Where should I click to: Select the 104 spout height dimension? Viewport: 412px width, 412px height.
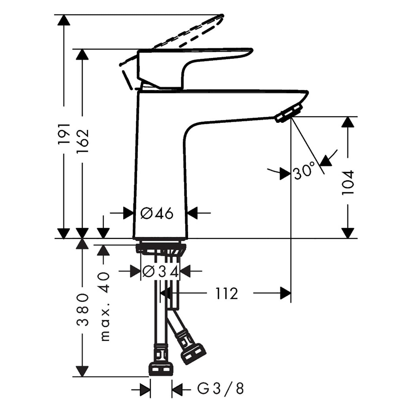(348, 182)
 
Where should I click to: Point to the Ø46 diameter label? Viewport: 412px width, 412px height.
(157, 213)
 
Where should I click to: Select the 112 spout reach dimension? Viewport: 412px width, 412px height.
(226, 293)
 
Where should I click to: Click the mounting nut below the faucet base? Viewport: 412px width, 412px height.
(161, 249)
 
